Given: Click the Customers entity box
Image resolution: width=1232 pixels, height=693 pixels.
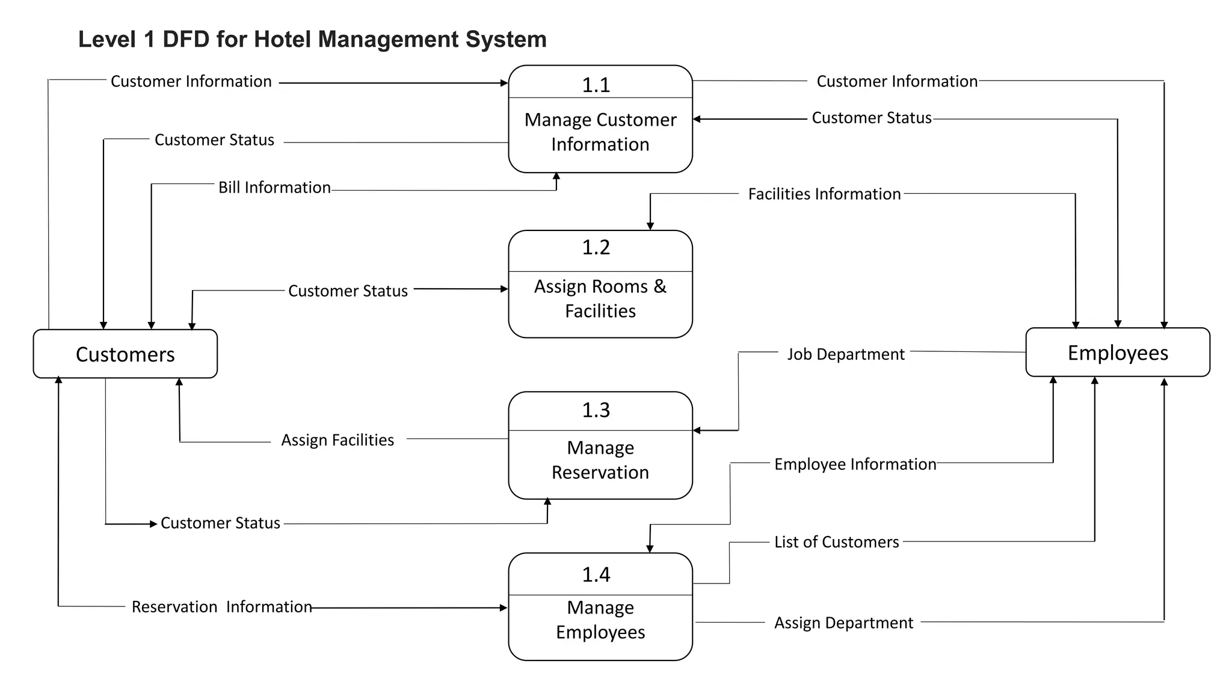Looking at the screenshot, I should point(125,354).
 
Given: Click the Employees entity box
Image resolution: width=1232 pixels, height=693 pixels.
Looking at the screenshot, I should point(1117,353).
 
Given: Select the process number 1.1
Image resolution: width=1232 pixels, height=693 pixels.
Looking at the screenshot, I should point(596,85).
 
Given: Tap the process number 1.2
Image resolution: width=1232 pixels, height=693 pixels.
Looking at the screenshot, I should point(596,247).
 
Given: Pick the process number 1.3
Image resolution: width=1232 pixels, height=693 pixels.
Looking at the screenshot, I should point(596,410).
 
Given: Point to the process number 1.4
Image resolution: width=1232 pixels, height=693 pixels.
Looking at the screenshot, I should point(596,574).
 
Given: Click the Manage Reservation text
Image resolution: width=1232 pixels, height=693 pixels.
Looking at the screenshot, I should point(600,460).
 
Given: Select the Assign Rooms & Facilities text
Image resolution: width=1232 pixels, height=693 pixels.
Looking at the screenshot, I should point(600,298).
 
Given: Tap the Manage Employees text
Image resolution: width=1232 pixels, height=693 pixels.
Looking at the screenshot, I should point(600,620).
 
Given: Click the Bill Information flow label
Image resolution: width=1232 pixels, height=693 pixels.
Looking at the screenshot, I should point(274,187).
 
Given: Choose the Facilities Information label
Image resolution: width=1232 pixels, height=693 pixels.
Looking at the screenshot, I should point(824,194).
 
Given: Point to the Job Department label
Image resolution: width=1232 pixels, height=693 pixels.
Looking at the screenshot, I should point(845,354).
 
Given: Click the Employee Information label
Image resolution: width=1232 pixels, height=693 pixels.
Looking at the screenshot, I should point(855,464).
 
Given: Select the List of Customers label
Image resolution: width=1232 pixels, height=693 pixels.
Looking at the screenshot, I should point(836,541).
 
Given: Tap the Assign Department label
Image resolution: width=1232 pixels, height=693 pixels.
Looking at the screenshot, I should point(843,623).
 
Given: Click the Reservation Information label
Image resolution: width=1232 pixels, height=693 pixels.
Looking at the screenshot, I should point(221,606).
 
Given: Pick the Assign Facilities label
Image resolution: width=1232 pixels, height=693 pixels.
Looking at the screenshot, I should point(337,440).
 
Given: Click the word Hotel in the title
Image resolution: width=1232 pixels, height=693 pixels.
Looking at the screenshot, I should point(282,39).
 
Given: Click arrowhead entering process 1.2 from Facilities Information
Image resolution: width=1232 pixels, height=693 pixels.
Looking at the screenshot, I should point(650,226).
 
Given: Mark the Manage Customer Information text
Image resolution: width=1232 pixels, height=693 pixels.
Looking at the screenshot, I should point(600,132).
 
